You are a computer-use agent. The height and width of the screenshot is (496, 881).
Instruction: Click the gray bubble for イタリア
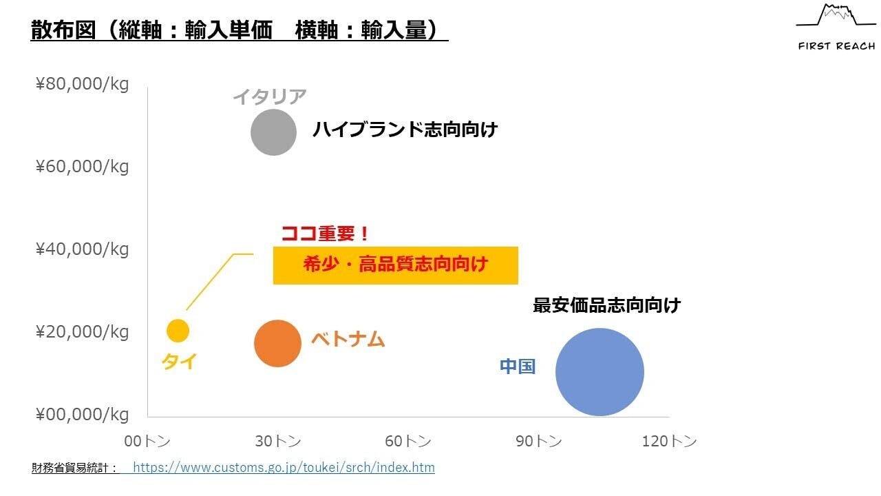pos(273,132)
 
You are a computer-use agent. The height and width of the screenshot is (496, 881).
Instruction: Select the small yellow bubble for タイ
pos(178,331)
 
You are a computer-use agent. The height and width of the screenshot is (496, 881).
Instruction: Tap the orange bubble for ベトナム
pos(278,343)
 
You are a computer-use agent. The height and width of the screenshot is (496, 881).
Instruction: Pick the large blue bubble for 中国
pos(599,372)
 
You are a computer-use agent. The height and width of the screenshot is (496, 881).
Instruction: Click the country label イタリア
pos(269,96)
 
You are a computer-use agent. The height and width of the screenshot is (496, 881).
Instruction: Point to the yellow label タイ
pos(179,361)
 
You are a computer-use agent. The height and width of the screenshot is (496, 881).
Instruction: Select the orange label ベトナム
pos(348,339)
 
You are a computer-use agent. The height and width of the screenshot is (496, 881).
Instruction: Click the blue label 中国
pos(518,366)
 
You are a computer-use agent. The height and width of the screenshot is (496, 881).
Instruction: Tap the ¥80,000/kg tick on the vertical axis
pos(83,85)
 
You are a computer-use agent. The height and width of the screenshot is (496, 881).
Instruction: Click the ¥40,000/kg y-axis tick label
pos(83,249)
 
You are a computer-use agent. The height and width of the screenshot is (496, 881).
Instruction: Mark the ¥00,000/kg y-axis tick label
pos(83,415)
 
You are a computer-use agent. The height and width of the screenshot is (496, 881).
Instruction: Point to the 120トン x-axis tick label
pos(669,442)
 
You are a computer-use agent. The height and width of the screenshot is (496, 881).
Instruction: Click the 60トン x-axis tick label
pos(408,442)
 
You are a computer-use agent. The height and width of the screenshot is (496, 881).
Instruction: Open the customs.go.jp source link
pos(284,468)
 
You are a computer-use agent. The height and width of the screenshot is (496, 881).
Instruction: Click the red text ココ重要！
pos(326,234)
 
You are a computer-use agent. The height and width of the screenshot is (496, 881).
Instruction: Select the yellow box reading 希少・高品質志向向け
pos(395,265)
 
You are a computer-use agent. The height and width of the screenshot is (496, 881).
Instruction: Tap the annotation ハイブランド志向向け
pos(405,130)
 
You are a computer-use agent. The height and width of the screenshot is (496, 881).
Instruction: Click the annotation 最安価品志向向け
pos(606,305)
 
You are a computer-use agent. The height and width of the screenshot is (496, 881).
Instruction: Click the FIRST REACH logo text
pos(836,46)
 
